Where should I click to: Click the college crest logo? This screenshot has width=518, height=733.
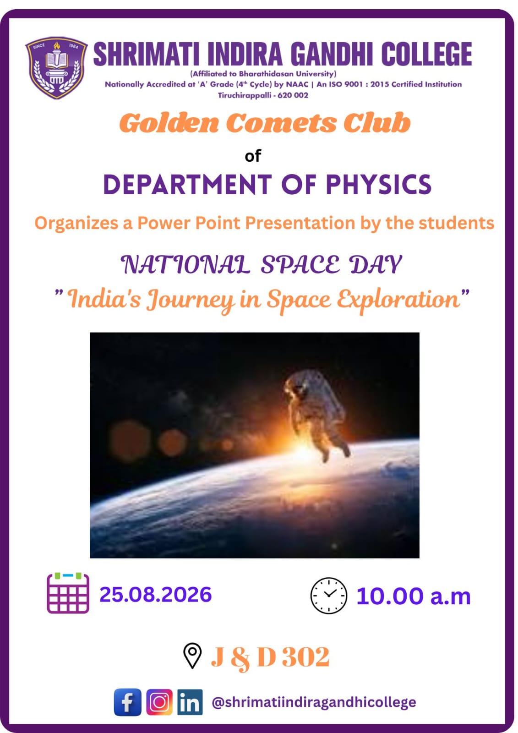tap(56, 68)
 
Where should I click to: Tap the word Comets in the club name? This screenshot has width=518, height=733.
tap(281, 123)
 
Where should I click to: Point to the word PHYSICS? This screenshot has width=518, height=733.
tap(379, 185)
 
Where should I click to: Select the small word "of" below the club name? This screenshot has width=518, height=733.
tap(253, 156)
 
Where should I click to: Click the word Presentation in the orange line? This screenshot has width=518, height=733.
tap(300, 223)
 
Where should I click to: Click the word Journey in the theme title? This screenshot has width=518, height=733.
tap(191, 300)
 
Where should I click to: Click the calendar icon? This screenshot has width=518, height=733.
tap(68, 593)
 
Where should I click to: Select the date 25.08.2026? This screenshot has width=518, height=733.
tap(156, 594)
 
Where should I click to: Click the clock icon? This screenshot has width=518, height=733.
tap(328, 596)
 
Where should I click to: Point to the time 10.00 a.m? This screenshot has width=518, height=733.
tap(414, 596)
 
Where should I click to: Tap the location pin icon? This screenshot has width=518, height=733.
tap(192, 656)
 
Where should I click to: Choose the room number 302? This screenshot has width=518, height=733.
tap(305, 656)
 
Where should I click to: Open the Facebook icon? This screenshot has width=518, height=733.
tap(128, 702)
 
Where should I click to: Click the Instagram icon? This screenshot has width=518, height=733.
tap(159, 702)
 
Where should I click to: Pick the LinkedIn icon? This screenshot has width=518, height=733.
tap(190, 702)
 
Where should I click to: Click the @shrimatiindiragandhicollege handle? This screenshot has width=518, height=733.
tap(314, 702)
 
